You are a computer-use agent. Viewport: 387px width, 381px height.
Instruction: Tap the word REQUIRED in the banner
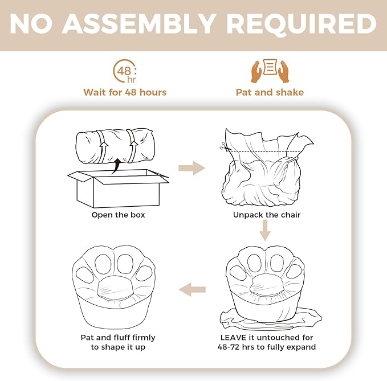click(x=302, y=24)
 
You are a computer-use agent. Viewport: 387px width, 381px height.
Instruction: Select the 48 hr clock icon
click(x=125, y=71)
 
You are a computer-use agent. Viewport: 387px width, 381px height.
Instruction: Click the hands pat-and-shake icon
click(x=270, y=71)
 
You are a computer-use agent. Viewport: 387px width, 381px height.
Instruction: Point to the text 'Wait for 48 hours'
click(x=125, y=92)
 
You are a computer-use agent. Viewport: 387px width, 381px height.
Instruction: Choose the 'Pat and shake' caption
click(x=270, y=92)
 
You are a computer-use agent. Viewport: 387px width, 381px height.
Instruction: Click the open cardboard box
click(x=118, y=188)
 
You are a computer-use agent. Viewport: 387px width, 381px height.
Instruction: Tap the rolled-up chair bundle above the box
click(x=115, y=146)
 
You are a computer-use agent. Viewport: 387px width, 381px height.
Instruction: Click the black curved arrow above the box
click(x=116, y=166)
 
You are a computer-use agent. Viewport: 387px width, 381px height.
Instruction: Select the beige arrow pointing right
click(x=192, y=168)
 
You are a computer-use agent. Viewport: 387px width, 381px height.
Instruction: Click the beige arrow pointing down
click(x=265, y=230)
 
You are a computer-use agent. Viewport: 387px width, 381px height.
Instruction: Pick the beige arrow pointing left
click(x=192, y=289)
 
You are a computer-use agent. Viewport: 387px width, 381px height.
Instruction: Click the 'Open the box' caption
click(x=118, y=215)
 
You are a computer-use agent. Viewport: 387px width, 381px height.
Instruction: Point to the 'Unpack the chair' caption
click(x=267, y=215)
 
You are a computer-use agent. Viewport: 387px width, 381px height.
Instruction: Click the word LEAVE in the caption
click(x=234, y=337)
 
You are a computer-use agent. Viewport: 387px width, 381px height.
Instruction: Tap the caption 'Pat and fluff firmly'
click(x=118, y=337)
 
